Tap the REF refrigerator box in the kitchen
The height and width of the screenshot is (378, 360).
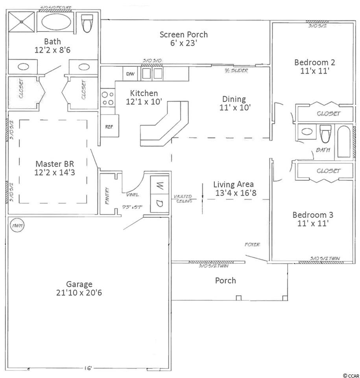point(109,126)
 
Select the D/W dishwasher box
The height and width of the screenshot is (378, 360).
point(130,73)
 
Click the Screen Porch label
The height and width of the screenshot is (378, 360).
point(183,34)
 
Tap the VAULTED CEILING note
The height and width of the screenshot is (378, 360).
point(183,198)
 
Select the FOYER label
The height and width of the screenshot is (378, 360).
point(252,245)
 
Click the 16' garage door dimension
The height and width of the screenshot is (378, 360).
point(88,368)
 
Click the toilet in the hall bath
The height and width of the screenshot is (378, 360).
point(325,134)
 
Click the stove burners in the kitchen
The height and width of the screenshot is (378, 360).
point(107,98)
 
